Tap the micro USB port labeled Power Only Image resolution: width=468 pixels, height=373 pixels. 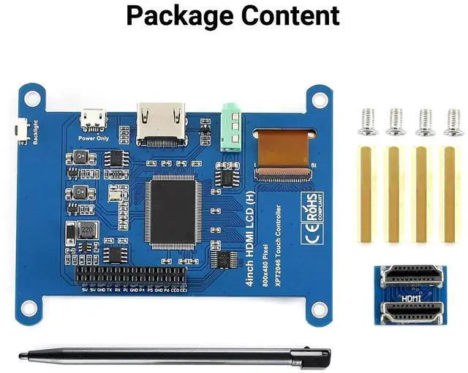click(x=92, y=118)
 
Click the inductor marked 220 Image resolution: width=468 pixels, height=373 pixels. click(x=86, y=231)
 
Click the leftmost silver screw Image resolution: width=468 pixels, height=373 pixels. click(x=369, y=121)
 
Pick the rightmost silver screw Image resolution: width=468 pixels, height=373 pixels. click(x=453, y=121)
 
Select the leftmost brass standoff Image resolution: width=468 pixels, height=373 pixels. click(x=369, y=194)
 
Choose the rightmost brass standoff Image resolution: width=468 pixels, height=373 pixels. click(x=450, y=194)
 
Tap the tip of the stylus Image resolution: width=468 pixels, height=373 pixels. click(x=22, y=355)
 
